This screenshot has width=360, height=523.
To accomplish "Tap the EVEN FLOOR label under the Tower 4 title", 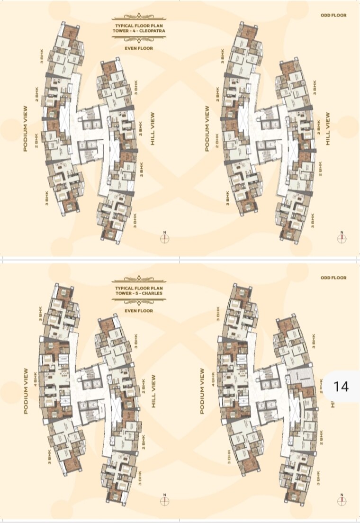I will click(x=139, y=48).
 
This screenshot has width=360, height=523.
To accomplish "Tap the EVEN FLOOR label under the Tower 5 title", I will click(x=139, y=311).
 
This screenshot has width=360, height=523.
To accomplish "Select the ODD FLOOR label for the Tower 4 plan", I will click(x=333, y=16).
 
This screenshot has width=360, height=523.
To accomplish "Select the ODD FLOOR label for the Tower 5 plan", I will click(x=333, y=278).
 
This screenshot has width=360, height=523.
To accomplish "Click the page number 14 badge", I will click(x=341, y=386).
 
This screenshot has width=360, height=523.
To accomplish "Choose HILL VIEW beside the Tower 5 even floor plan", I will click(x=153, y=391).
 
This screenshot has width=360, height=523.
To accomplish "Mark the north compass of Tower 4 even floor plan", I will click(x=165, y=237).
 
